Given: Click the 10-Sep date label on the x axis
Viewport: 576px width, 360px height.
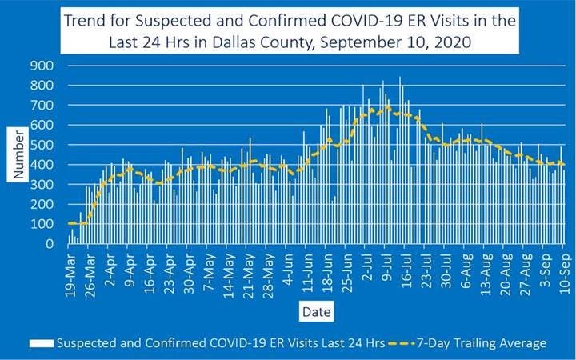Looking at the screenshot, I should (x=563, y=274).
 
